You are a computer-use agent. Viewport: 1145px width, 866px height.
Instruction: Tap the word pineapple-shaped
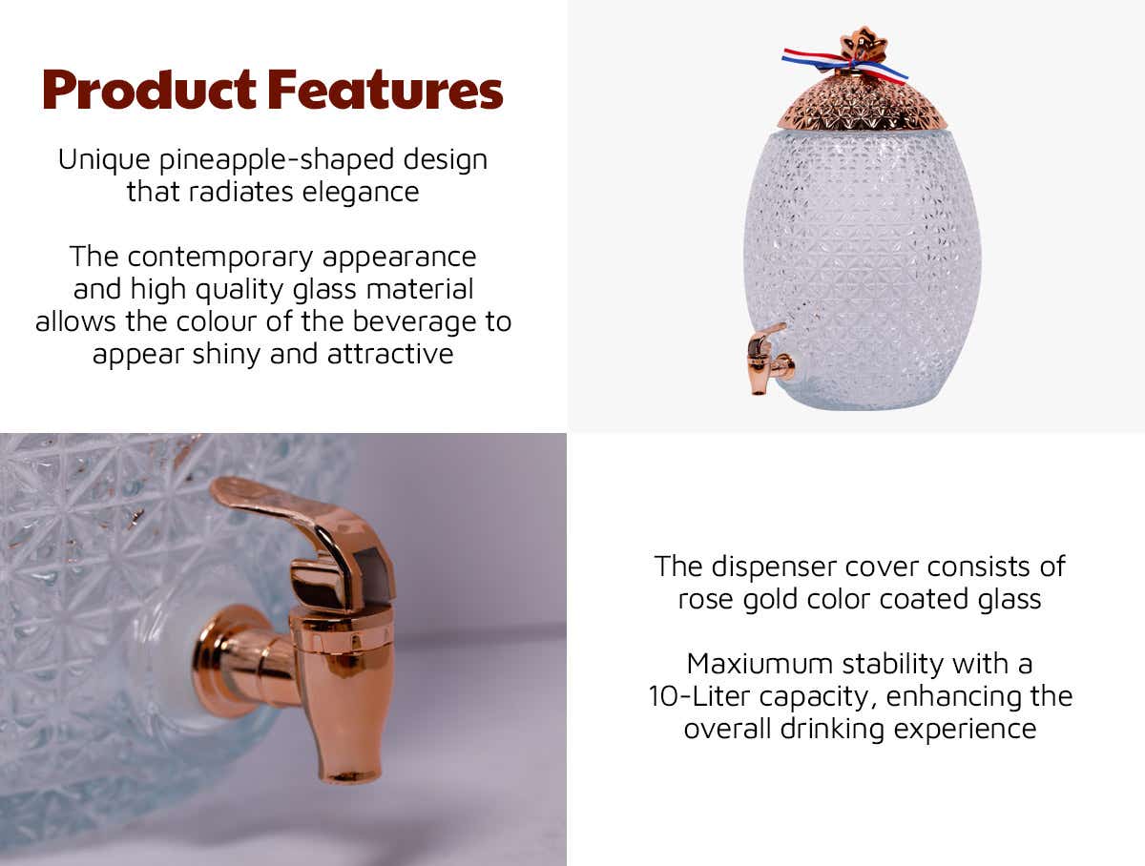(277, 160)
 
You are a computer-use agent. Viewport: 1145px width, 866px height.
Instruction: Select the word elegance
(361, 193)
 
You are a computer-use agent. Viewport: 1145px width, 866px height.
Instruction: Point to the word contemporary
(220, 258)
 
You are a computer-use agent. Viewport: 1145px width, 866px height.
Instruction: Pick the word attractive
(390, 354)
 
